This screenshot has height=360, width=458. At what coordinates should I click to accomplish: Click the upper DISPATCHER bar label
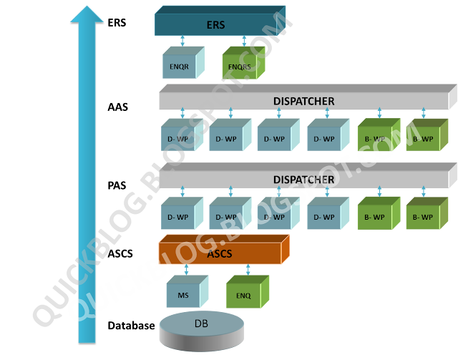(x=303, y=101)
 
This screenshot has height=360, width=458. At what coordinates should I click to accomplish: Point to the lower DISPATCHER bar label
(x=303, y=179)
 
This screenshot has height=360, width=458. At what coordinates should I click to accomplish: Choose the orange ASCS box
(x=220, y=253)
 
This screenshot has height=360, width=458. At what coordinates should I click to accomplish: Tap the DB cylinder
(x=201, y=328)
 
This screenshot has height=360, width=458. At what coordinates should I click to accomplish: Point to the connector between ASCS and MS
(x=185, y=270)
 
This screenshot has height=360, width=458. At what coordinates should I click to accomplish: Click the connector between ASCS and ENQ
(x=248, y=270)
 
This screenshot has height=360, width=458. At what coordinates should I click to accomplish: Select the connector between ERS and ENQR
(x=184, y=41)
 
